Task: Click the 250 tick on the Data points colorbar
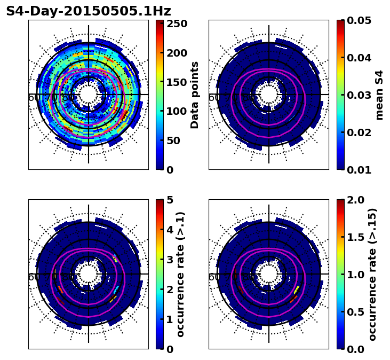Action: coord(176,24)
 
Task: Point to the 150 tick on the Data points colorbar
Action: coord(176,82)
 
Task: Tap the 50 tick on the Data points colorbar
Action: coord(176,140)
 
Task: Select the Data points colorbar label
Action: coord(195,95)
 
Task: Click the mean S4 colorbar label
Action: coord(379,95)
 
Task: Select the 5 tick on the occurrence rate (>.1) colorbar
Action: coord(170,200)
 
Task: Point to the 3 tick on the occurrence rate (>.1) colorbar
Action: coord(170,260)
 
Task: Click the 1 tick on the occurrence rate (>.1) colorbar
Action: coord(170,319)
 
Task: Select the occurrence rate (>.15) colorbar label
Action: coord(372,275)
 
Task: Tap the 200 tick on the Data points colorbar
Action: coord(176,53)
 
